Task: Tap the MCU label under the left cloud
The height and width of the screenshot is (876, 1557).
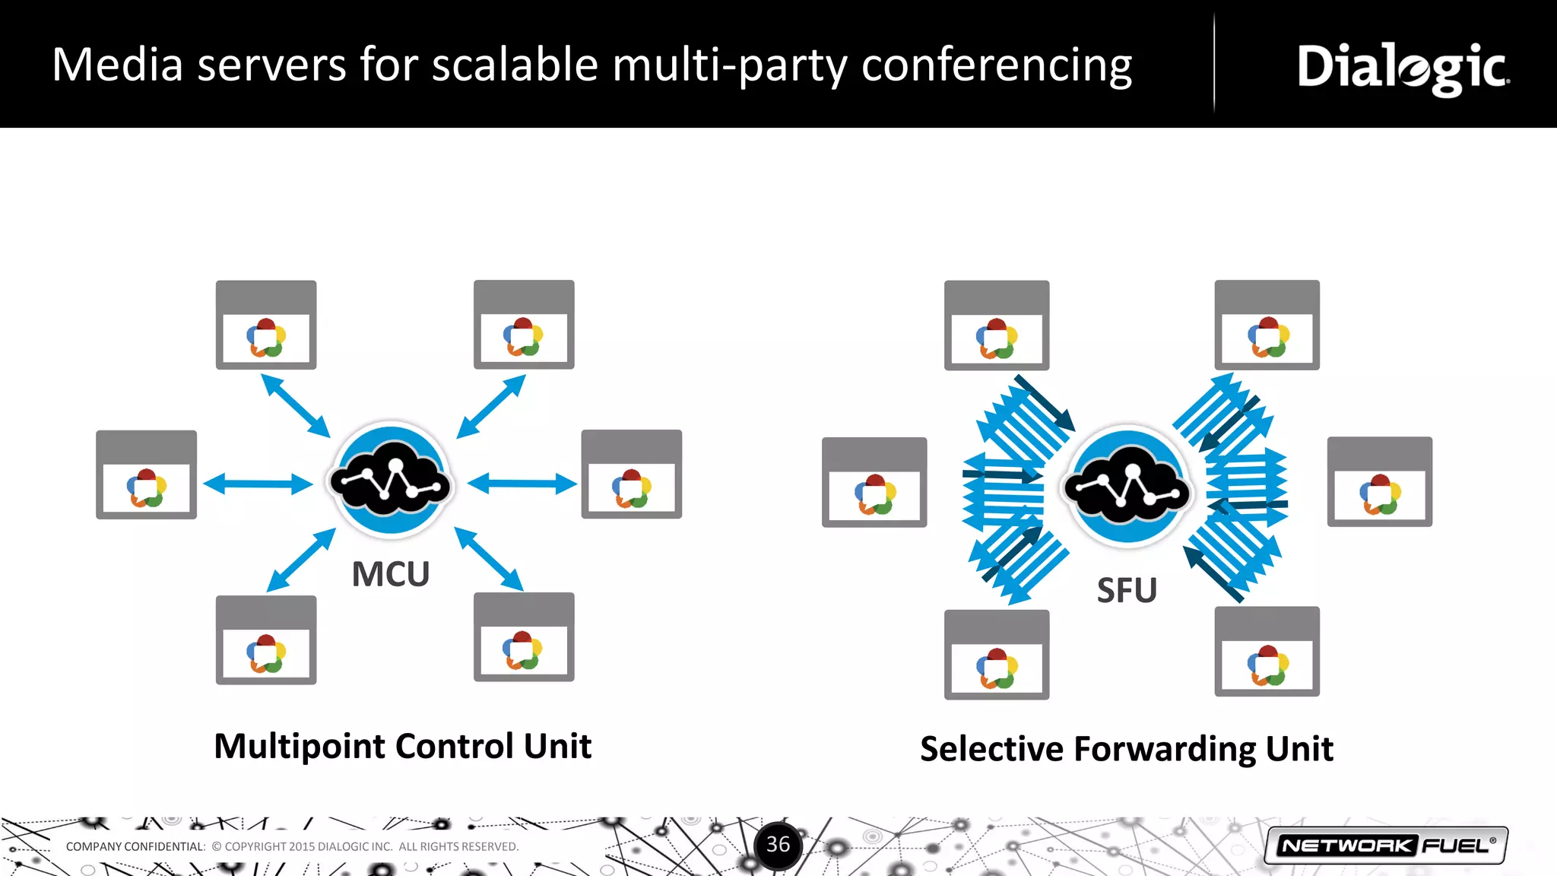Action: coord(391,574)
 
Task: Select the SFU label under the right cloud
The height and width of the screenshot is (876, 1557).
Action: coord(1127,591)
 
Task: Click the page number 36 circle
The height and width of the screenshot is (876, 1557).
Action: coord(778,845)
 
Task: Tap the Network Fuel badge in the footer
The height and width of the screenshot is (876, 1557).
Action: coord(1386,846)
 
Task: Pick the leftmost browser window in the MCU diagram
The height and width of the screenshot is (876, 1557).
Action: coord(146,474)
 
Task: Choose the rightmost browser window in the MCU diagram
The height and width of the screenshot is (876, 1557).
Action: coord(631,474)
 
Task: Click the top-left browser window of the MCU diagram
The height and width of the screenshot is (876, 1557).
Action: coord(266,325)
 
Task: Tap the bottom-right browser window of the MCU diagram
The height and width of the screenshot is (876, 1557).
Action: coord(524,637)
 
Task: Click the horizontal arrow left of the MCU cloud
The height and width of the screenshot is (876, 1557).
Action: coord(258,484)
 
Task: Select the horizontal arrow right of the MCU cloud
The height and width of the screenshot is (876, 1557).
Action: coord(522,484)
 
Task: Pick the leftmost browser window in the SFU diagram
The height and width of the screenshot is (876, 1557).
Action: coord(874,482)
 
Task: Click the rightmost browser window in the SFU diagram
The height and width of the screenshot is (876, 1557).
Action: coord(1379,481)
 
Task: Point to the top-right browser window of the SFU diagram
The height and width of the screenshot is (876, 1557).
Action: coord(1267,325)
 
